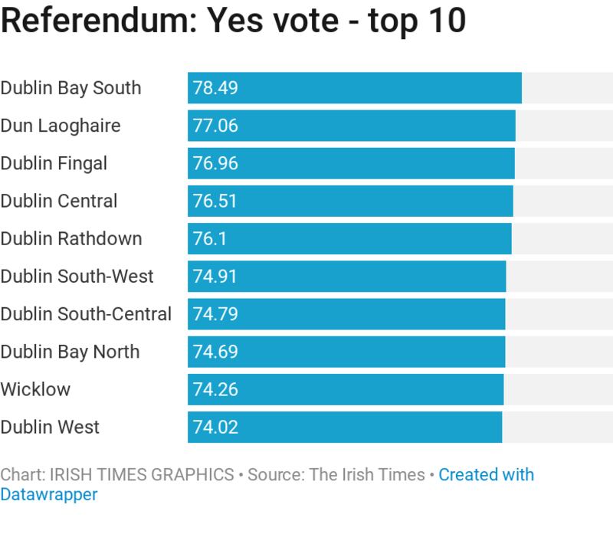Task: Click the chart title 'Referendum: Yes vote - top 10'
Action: click(x=233, y=22)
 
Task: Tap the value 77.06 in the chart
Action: click(x=215, y=125)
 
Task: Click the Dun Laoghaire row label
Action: click(x=61, y=125)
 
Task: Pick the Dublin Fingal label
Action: click(x=54, y=163)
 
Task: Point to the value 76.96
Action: click(x=215, y=163)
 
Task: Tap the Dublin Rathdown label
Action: click(x=71, y=238)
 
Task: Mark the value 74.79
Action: click(x=215, y=313)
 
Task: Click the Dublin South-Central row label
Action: click(x=86, y=313)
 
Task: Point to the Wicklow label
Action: click(x=35, y=389)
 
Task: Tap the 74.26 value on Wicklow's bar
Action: click(x=215, y=389)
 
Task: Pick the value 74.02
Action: click(x=215, y=427)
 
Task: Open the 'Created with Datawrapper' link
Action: click(x=486, y=475)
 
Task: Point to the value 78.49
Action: click(x=215, y=87)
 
